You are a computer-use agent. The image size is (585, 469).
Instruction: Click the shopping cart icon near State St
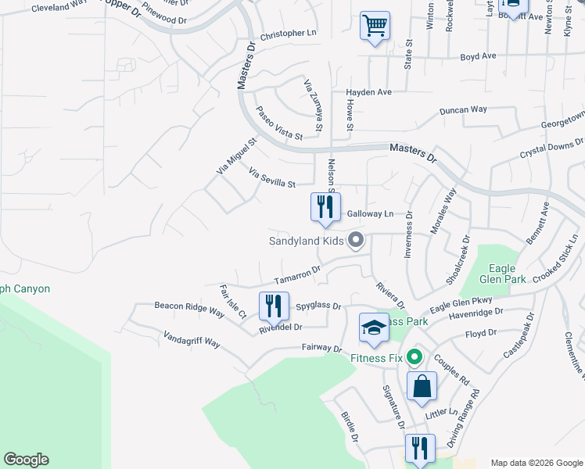pyautogui.click(x=375, y=26)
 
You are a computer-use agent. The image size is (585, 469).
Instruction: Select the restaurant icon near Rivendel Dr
pyautogui.click(x=273, y=306)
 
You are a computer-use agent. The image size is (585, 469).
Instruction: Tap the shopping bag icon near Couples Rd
pyautogui.click(x=421, y=386)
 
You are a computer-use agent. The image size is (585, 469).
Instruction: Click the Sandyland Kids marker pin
pyautogui.click(x=356, y=240)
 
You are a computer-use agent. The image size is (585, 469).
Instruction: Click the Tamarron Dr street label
pyautogui.click(x=297, y=275)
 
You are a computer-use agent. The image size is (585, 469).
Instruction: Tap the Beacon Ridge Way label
pyautogui.click(x=189, y=306)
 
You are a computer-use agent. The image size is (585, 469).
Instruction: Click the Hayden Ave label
pyautogui.click(x=368, y=92)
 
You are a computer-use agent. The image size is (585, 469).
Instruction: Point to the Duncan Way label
pyautogui.click(x=463, y=110)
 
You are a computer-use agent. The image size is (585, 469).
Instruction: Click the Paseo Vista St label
pyautogui.click(x=279, y=124)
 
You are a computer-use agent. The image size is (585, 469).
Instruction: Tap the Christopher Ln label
pyautogui.click(x=288, y=34)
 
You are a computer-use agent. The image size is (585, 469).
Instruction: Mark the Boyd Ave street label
pyautogui.click(x=478, y=56)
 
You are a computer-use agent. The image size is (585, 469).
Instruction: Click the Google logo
pyautogui.click(x=26, y=460)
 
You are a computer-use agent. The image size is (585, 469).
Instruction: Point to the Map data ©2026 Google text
pyautogui.click(x=537, y=463)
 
